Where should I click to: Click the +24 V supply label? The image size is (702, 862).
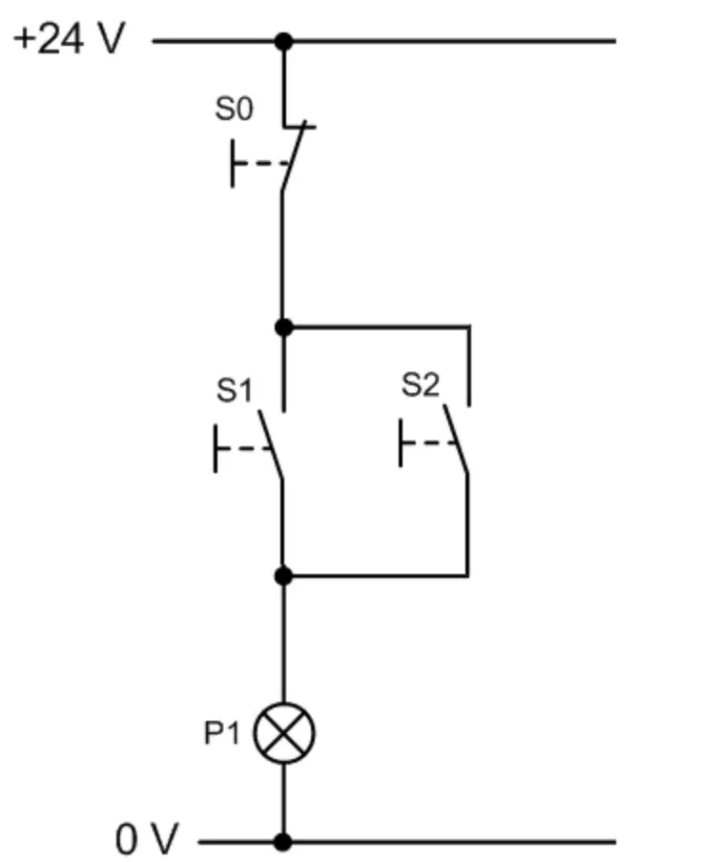click(70, 38)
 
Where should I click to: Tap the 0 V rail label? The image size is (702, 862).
click(147, 838)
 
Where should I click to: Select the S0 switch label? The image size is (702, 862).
click(235, 109)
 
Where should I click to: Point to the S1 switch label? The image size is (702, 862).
click(235, 390)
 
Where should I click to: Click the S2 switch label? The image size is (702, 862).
click(421, 384)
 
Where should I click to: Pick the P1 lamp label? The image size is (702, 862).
click(222, 733)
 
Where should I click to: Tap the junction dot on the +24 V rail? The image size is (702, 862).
click(283, 41)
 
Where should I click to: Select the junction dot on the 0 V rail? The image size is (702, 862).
click(283, 842)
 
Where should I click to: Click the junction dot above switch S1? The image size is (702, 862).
click(283, 328)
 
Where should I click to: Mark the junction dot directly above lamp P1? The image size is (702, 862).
click(283, 576)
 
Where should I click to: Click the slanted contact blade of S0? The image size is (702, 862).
click(294, 156)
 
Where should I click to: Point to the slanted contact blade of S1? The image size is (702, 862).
click(271, 444)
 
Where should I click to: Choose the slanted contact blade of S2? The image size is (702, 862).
click(456, 439)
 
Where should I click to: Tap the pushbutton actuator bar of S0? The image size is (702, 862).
click(233, 163)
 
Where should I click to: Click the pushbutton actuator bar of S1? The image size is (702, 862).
click(216, 448)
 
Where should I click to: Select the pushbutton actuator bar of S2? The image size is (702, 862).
click(401, 442)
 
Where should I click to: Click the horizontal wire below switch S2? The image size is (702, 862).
click(376, 576)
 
